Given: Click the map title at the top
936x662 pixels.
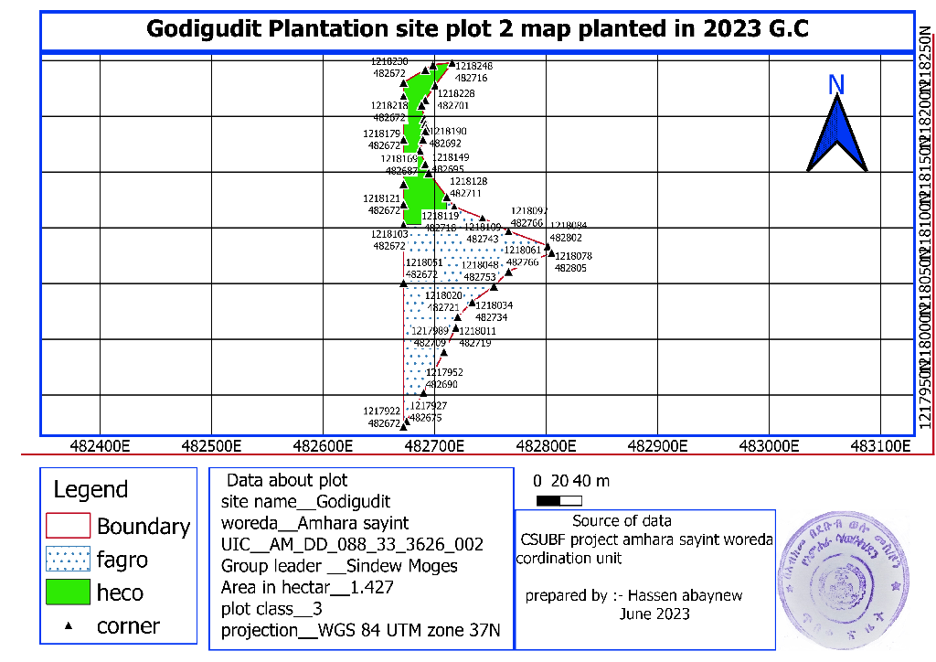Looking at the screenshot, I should coord(477,29).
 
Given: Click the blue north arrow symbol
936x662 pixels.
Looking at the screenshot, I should coord(836,135).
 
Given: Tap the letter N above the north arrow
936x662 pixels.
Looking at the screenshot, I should coord(835,85).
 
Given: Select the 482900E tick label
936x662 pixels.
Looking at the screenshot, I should coord(657,446).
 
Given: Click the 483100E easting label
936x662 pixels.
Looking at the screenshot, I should coord(880,446).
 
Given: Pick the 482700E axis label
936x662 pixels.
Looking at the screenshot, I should coord(434,446).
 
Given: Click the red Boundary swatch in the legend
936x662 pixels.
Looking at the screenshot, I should coord(68,526).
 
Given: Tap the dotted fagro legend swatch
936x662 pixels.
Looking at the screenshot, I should coord(68,559).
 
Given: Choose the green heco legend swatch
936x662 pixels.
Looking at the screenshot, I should coord(68,592).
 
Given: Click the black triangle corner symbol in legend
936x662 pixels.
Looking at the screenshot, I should coord(67,626).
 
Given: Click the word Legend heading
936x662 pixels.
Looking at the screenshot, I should coord(90,489).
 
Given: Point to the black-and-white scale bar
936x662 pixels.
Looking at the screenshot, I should coord(559,500).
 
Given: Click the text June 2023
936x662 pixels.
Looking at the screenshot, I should coord(654,614).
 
